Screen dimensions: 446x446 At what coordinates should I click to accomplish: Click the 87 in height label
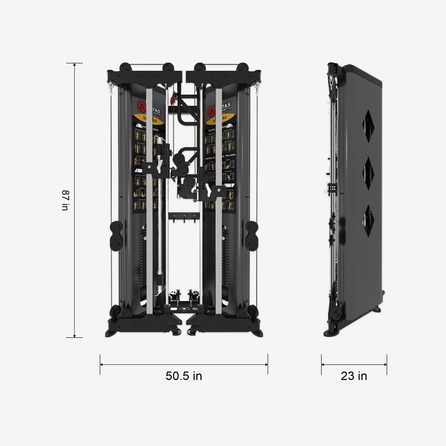(x=65, y=200)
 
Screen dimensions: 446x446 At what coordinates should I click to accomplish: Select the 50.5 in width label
(x=184, y=376)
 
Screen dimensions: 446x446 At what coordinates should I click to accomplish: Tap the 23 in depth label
(x=354, y=376)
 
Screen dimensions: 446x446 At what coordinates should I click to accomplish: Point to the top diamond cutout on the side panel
(x=368, y=126)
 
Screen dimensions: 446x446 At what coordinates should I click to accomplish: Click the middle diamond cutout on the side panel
(x=368, y=173)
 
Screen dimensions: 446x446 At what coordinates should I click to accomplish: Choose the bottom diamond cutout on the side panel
(x=368, y=221)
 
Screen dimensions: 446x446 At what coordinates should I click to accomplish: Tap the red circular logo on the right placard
(x=212, y=111)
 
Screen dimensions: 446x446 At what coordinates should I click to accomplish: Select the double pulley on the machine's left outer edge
(x=116, y=236)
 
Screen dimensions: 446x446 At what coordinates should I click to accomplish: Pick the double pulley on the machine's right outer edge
(x=251, y=236)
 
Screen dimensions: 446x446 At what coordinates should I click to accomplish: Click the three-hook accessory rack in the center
(x=184, y=217)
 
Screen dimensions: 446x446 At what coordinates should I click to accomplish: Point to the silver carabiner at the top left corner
(x=111, y=88)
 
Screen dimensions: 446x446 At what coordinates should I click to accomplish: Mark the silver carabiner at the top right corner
(x=257, y=88)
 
